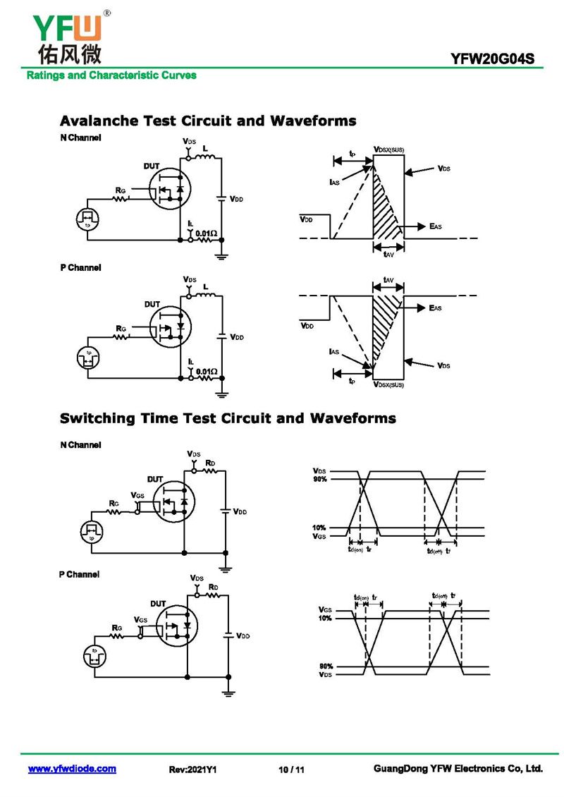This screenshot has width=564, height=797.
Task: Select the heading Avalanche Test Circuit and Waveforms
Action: tap(208, 121)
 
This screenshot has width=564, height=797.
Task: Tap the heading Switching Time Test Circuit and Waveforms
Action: tap(228, 418)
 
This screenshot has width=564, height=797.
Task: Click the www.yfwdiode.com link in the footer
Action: tap(72, 769)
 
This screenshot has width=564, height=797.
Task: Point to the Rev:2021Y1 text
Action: tap(192, 769)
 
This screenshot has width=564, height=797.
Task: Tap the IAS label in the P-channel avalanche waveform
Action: tap(334, 351)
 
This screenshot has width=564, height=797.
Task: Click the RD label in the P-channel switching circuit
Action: tap(214, 587)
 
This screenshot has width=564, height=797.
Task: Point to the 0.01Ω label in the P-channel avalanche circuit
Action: tap(207, 371)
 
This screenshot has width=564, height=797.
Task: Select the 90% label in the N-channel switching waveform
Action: tap(320, 480)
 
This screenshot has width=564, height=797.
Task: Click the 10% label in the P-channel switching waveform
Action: tap(324, 619)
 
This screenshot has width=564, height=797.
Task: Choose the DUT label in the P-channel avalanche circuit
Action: tap(152, 304)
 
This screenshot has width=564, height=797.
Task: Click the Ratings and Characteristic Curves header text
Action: tap(111, 75)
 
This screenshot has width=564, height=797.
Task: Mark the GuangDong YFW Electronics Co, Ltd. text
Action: tap(458, 769)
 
